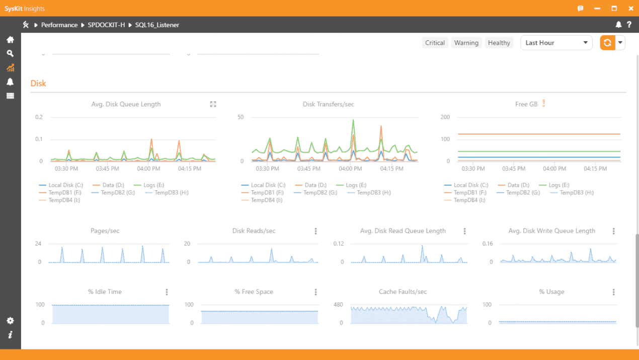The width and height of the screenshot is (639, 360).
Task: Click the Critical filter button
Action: click(435, 43)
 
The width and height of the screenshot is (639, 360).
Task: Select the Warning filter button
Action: click(466, 43)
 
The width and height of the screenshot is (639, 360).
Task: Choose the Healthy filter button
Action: click(499, 43)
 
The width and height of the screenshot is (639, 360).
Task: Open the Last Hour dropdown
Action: click(556, 43)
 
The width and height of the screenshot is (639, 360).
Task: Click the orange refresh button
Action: click(607, 43)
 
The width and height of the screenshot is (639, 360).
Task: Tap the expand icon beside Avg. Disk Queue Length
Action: click(213, 104)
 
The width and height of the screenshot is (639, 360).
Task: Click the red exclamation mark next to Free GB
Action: click(543, 104)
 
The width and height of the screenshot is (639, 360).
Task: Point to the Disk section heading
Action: click(38, 83)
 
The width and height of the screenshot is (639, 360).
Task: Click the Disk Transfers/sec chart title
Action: click(328, 104)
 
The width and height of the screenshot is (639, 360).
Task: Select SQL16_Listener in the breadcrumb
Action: click(157, 25)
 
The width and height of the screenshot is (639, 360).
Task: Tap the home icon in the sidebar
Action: click(10, 40)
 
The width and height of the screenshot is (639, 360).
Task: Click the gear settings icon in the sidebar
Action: click(10, 321)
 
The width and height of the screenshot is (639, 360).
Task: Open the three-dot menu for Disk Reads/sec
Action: click(315, 231)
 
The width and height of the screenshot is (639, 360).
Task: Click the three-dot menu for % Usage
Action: click(613, 292)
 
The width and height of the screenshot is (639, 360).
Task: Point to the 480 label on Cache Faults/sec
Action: click(338, 305)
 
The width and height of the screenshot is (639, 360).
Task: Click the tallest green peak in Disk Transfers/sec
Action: click(353, 120)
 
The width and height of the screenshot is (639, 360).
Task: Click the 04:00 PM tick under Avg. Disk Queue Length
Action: click(148, 169)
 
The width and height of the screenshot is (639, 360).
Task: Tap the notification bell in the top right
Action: click(618, 25)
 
